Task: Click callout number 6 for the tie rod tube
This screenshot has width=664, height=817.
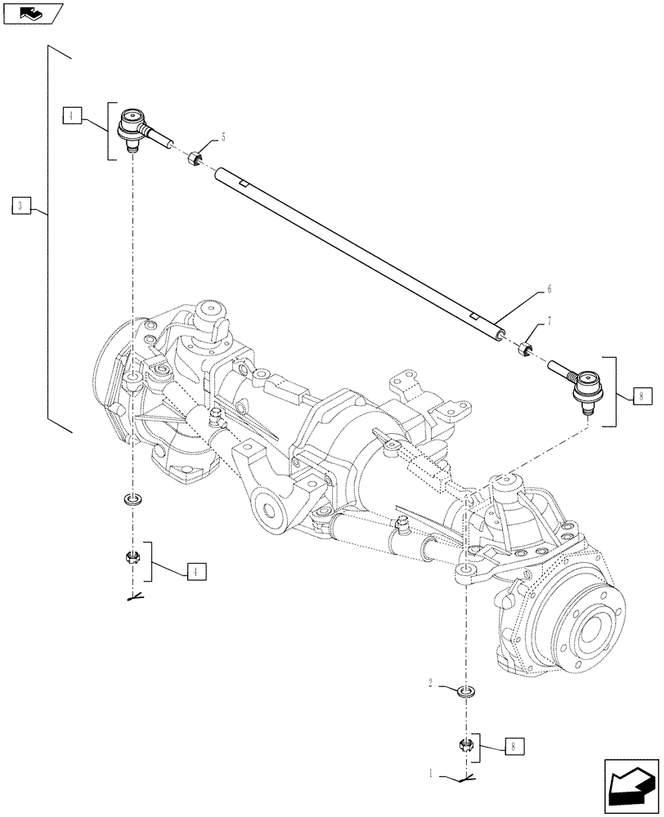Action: pyautogui.click(x=550, y=288)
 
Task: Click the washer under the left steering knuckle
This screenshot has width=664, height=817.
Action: pyautogui.click(x=130, y=498)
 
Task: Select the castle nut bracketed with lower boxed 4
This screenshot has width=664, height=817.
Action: pyautogui.click(x=131, y=560)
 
